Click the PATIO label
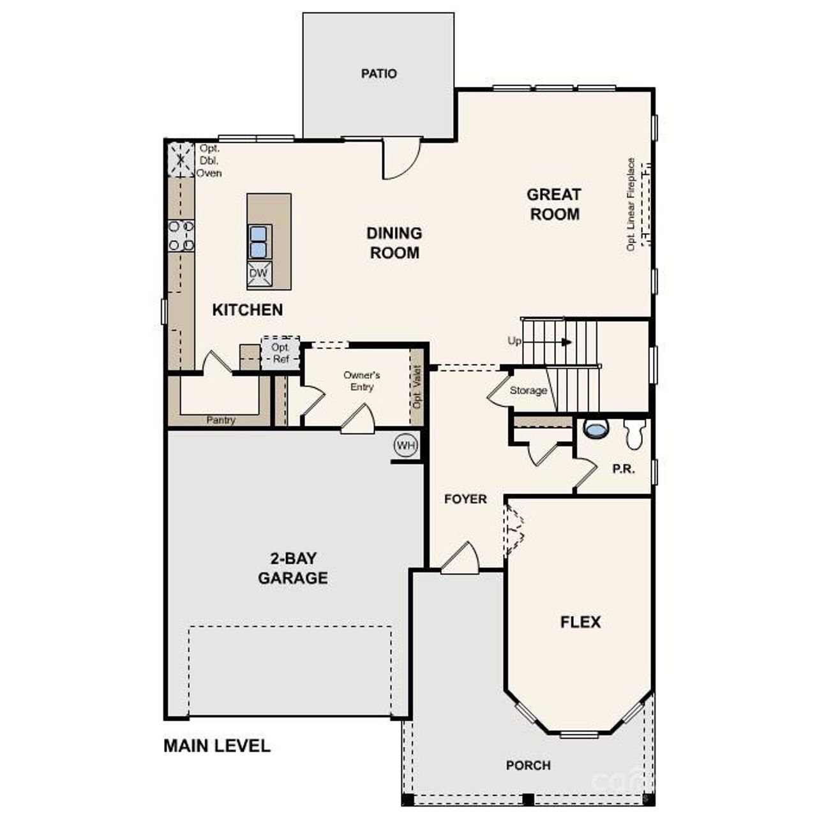tap(379, 73)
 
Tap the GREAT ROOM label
tap(554, 204)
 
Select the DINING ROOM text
tap(394, 243)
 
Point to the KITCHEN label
tap(247, 310)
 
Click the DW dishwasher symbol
tap(259, 274)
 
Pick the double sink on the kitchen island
tap(259, 241)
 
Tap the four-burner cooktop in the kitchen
tap(181, 235)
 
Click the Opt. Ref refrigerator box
tap(280, 353)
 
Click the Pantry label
tap(221, 420)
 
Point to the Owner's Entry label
tap(361, 381)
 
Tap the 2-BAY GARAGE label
tap(293, 568)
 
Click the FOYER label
tap(465, 499)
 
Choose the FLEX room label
tap(580, 622)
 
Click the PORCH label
tap(528, 765)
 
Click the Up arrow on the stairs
tap(566, 341)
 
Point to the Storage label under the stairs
tap(528, 390)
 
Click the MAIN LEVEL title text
tap(217, 746)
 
